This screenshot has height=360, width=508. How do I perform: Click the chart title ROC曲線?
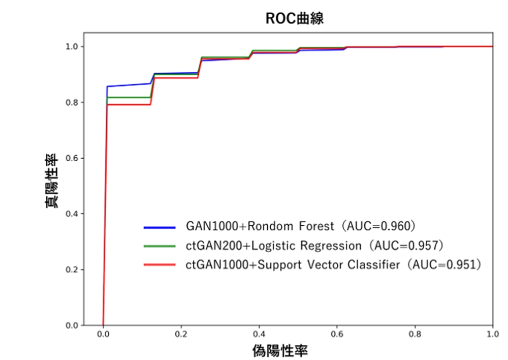295,19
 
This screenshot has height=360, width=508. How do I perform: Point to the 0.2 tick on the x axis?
181,335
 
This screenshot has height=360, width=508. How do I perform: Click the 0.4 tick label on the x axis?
259,335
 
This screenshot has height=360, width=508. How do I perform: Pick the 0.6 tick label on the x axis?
337,335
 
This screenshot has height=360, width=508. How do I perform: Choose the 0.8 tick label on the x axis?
415,335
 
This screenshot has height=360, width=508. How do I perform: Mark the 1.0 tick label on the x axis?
492,335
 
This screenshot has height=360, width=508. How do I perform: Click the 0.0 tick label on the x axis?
103,335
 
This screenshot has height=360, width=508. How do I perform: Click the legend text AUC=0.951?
445,264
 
